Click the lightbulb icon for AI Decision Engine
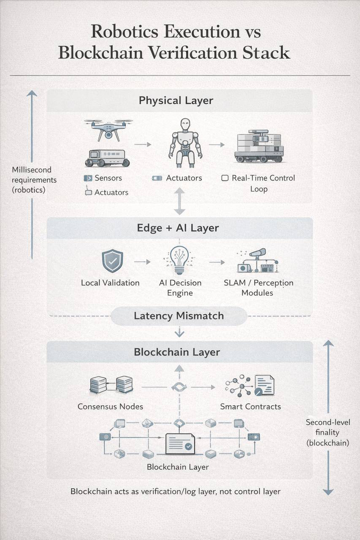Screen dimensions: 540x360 point(180,260)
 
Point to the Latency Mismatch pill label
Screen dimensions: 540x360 point(179,316)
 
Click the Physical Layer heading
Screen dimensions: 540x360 point(176,101)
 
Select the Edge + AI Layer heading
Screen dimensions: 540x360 point(178,228)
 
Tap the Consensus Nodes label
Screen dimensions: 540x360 point(110,407)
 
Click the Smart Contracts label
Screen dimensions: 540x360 point(250,407)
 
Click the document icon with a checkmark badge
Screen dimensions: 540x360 point(180,444)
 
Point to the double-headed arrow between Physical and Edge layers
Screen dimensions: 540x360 point(180,202)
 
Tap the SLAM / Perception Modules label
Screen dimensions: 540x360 point(258,288)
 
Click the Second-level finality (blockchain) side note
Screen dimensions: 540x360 point(328,432)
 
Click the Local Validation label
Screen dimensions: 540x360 point(110,283)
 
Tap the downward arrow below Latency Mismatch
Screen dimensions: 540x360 point(179,332)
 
